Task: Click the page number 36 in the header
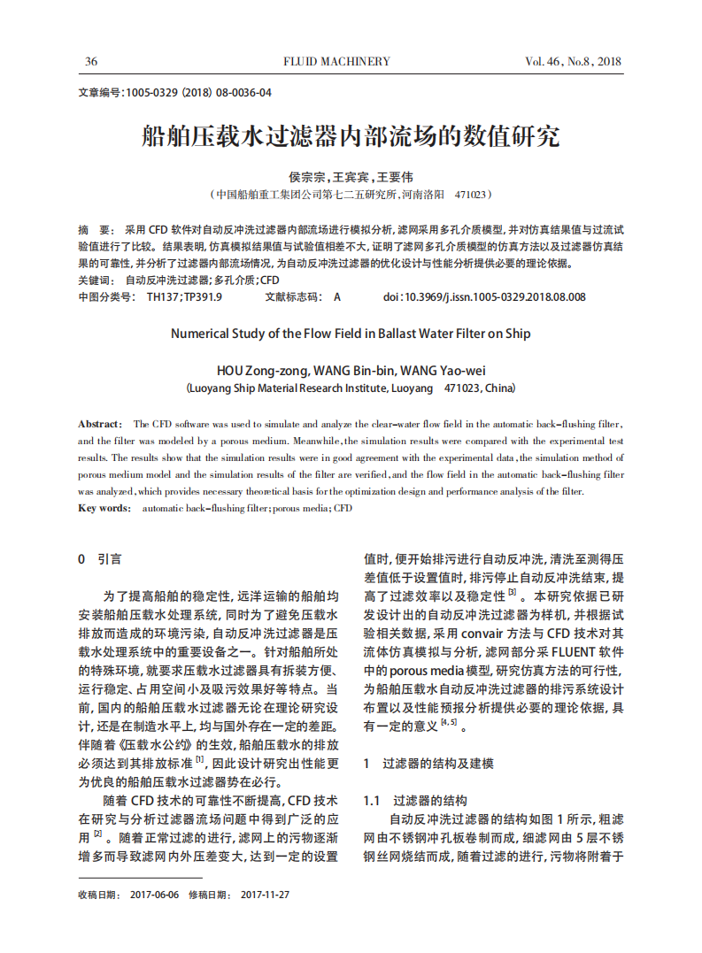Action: click(x=90, y=62)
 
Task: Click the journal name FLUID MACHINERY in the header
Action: click(x=336, y=62)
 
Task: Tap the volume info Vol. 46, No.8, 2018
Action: click(x=574, y=62)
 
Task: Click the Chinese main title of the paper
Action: click(x=351, y=136)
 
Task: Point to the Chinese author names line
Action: click(x=351, y=177)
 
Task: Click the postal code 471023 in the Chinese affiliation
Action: click(x=470, y=194)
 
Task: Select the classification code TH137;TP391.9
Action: click(x=184, y=297)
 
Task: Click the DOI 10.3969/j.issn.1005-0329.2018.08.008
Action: click(x=484, y=297)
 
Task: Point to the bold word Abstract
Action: click(x=99, y=425)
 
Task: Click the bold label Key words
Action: click(x=104, y=508)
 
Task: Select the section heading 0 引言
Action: click(x=100, y=559)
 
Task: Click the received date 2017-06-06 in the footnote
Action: click(x=154, y=895)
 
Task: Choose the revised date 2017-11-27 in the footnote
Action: click(x=265, y=895)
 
